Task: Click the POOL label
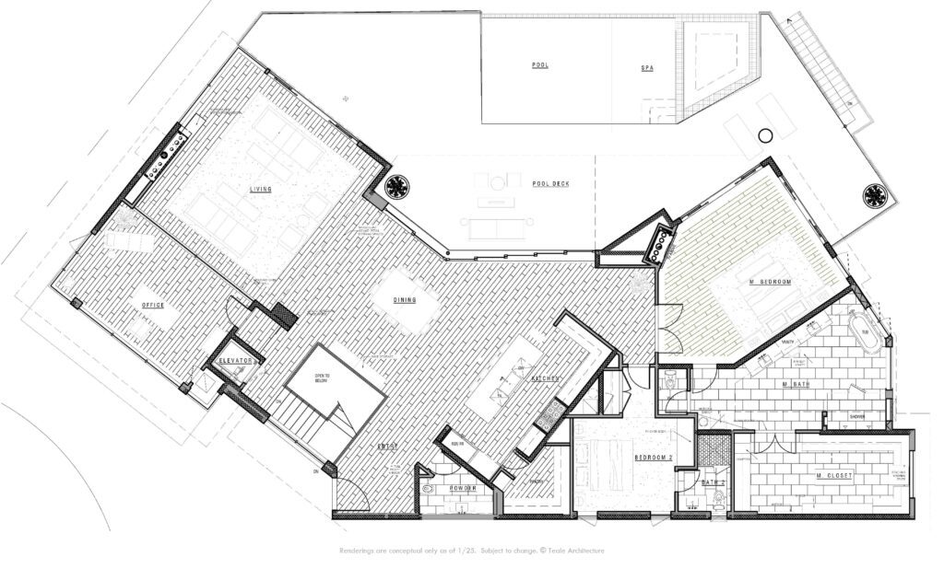click(x=540, y=65)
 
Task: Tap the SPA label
click(x=647, y=68)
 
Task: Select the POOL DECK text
click(x=550, y=184)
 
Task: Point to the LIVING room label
click(x=262, y=190)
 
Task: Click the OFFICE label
click(x=152, y=305)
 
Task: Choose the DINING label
click(x=404, y=299)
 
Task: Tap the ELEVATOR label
click(x=236, y=361)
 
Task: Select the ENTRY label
click(x=386, y=447)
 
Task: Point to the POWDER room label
click(x=462, y=489)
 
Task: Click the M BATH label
click(x=796, y=383)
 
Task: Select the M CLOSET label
click(x=834, y=475)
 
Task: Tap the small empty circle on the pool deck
click(x=764, y=137)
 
